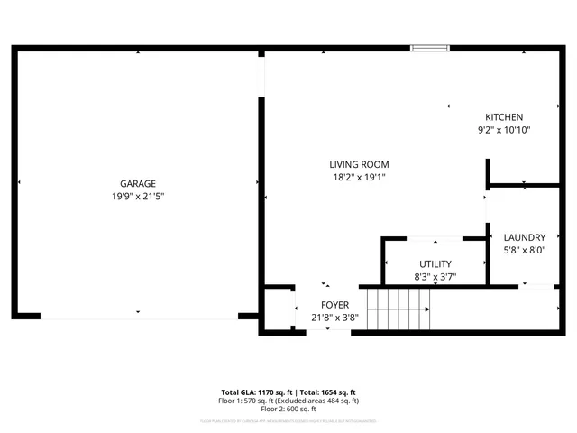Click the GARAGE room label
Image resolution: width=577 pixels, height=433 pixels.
[x=138, y=183]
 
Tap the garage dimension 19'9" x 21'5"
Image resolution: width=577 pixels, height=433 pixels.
[x=138, y=196]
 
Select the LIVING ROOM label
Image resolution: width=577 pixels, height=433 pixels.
[x=359, y=164]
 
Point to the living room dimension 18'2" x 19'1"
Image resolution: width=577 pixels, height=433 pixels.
[x=359, y=178]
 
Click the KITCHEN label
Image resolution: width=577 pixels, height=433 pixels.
[x=504, y=117]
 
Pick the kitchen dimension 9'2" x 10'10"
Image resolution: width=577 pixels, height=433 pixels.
[x=504, y=130]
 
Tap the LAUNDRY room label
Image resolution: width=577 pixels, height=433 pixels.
[x=524, y=237]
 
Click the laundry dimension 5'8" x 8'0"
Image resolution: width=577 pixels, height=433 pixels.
[x=524, y=251]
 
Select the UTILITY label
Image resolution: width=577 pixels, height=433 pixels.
[x=435, y=263]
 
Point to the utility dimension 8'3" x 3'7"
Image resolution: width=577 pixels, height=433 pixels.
[x=435, y=277]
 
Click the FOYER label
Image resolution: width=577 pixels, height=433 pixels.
[x=334, y=305]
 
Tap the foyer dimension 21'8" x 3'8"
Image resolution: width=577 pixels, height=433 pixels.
[x=334, y=318]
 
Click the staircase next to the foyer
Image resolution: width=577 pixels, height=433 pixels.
[x=398, y=309]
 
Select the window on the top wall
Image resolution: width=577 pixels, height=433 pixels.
[x=429, y=47]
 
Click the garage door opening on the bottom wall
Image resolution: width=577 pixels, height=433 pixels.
[x=139, y=317]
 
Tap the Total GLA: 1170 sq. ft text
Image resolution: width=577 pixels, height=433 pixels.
[x=257, y=393]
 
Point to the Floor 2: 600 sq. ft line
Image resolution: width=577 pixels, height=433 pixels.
[x=289, y=409]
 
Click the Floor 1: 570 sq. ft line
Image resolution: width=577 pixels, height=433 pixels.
[x=289, y=401]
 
